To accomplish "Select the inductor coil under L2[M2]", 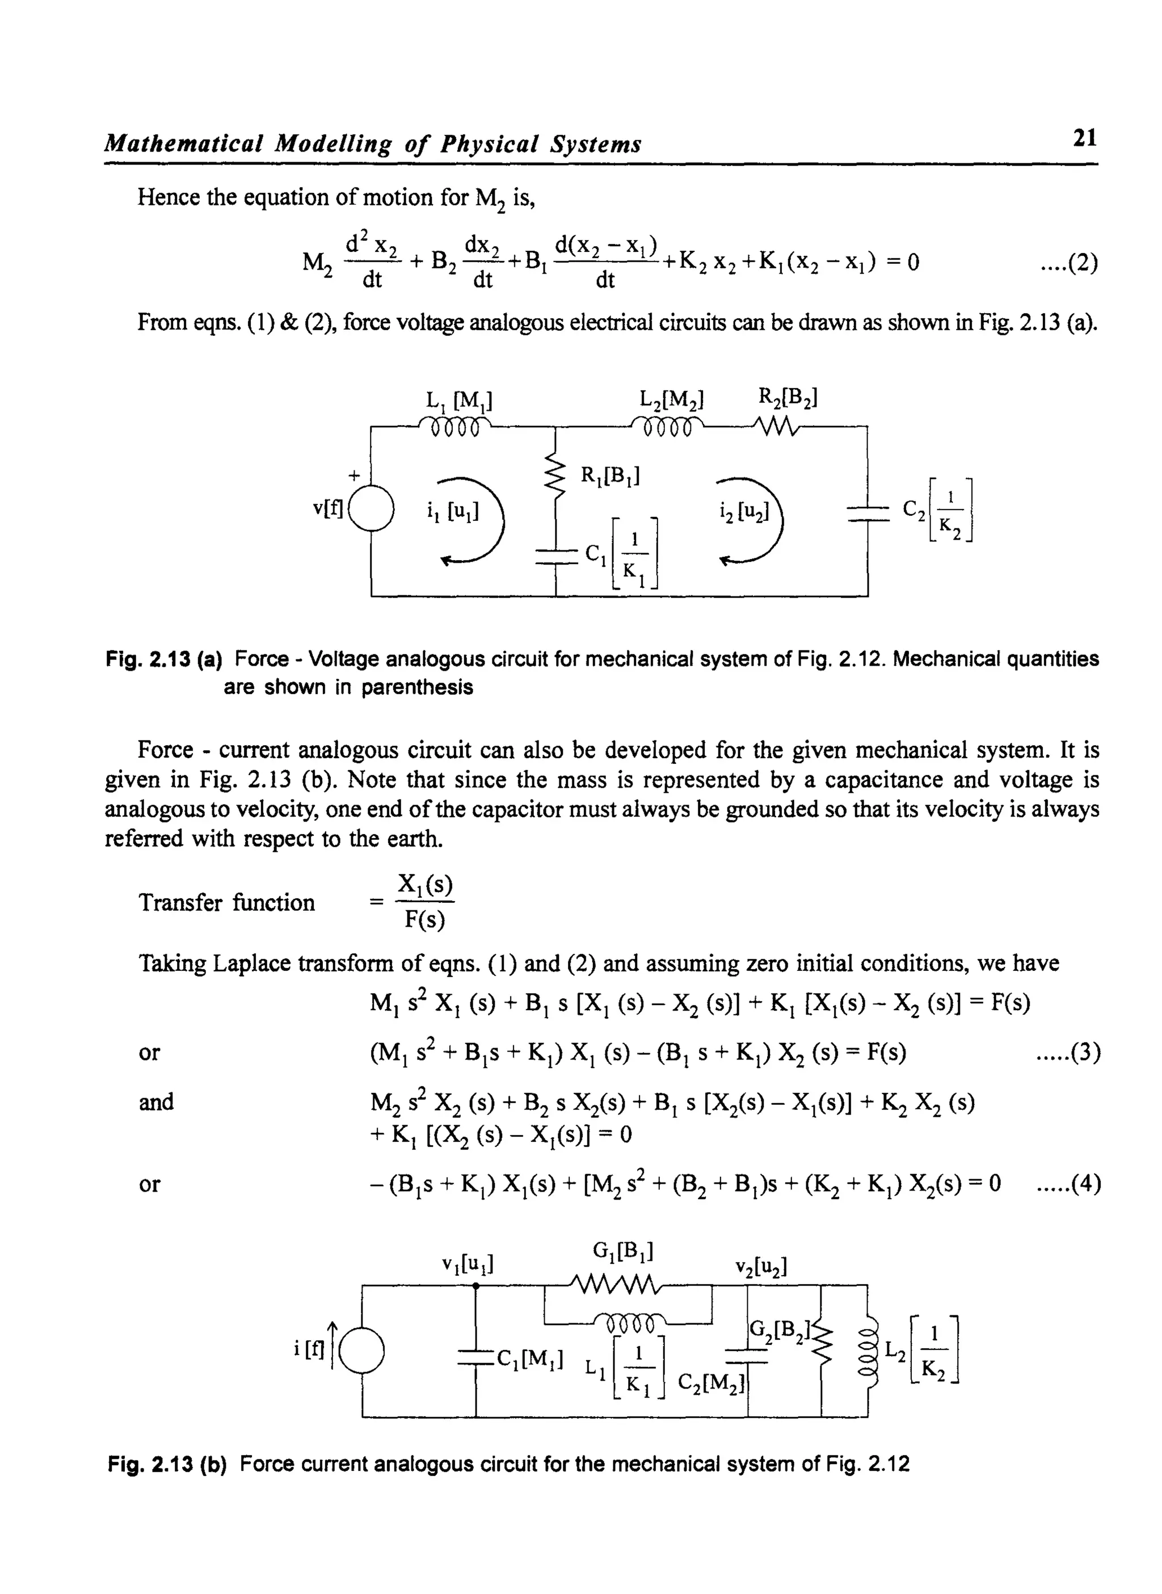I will click(667, 427).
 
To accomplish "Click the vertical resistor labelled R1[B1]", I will click(555, 476).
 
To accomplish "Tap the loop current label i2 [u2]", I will click(742, 513).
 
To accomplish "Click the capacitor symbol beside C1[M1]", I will click(475, 1356).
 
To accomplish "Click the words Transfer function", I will click(226, 902).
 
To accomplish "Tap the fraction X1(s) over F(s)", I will click(425, 902).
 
